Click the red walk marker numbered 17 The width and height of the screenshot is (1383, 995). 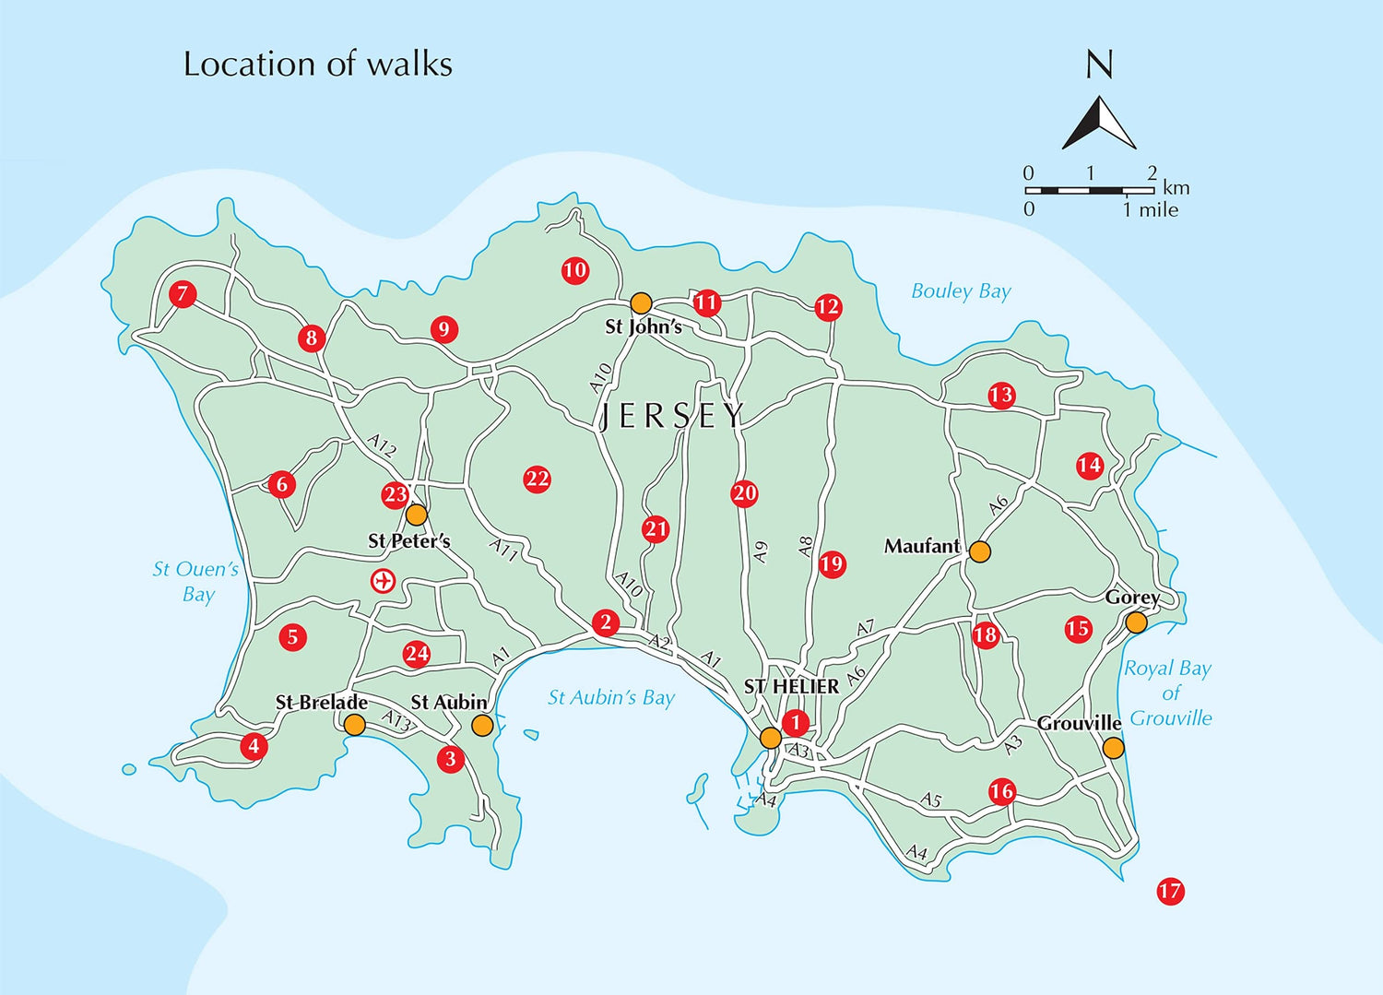pos(1170,891)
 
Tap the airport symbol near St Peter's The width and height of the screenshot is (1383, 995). pos(383,581)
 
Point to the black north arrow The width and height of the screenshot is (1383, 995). pos(1099,124)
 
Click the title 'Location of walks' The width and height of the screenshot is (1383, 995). pos(318,65)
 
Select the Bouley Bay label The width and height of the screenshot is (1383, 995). pos(961,291)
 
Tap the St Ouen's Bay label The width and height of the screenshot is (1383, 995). pos(195,582)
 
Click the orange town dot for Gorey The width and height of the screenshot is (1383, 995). pos(1136,622)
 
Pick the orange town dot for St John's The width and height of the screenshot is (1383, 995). pos(641,303)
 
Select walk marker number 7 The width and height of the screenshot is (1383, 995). pos(183,294)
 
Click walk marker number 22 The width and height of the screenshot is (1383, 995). pos(537,479)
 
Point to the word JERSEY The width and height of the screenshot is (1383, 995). pos(671,416)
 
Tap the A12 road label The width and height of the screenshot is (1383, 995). pos(382,445)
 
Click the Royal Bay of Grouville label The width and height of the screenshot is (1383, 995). pos(1168,693)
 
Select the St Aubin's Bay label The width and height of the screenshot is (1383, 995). pos(610,698)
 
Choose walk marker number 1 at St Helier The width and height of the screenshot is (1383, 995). pos(795,723)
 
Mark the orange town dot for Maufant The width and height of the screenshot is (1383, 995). pos(979,551)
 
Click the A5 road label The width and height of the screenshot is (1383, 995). pos(931,800)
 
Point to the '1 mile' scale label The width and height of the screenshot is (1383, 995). pos(1150,210)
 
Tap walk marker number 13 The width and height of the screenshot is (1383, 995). pos(1001,396)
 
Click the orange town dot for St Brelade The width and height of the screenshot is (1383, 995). pos(355,725)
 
